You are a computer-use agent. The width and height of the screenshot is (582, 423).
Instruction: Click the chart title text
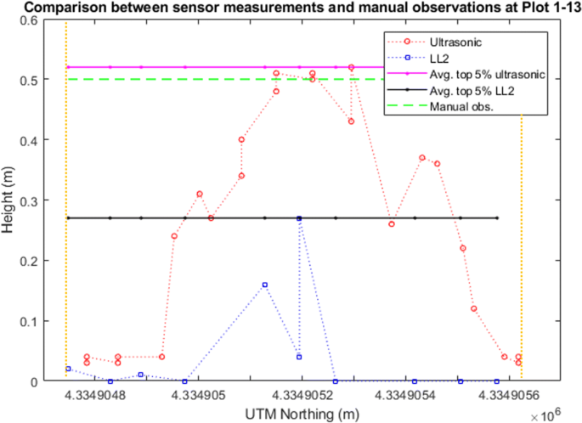click(291, 8)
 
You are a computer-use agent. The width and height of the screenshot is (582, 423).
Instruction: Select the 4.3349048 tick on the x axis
click(93, 395)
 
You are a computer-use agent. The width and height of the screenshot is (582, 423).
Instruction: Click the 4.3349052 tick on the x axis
click(301, 395)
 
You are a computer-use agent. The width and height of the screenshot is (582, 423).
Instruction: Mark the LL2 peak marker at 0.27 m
click(299, 218)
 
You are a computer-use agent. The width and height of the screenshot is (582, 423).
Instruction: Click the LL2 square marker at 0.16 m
click(265, 285)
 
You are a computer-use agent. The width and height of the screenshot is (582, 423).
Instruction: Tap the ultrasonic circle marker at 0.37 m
click(422, 158)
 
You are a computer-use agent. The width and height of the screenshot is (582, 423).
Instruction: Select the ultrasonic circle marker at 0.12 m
click(473, 308)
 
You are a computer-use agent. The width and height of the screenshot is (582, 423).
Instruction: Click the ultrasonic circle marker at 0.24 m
click(174, 236)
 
